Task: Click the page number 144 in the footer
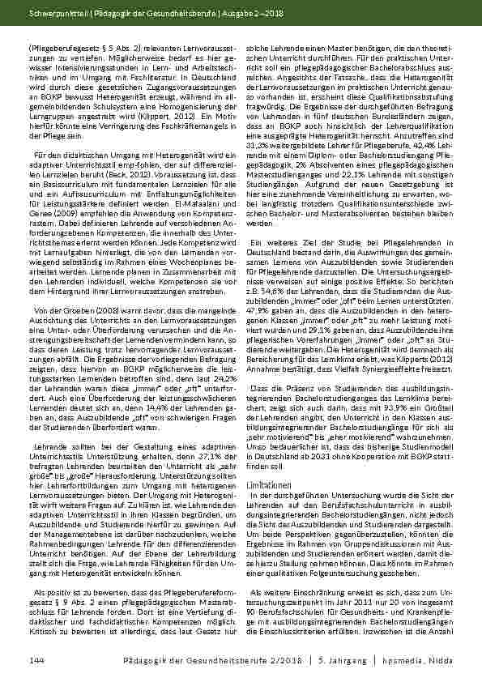(x=36, y=662)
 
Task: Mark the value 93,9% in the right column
(x=391, y=430)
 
